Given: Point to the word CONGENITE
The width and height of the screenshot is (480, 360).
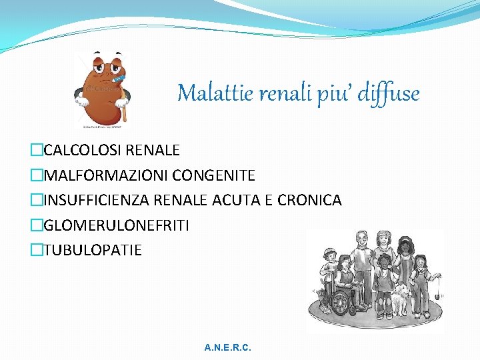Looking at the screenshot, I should [213, 175].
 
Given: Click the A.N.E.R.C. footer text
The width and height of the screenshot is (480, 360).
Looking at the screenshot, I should [228, 348].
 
